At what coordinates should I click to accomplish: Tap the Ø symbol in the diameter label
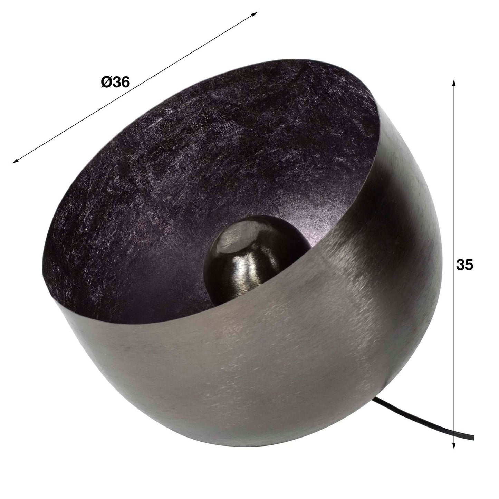pyautogui.click(x=106, y=83)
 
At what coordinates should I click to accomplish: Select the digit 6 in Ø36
pyautogui.click(x=125, y=83)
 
